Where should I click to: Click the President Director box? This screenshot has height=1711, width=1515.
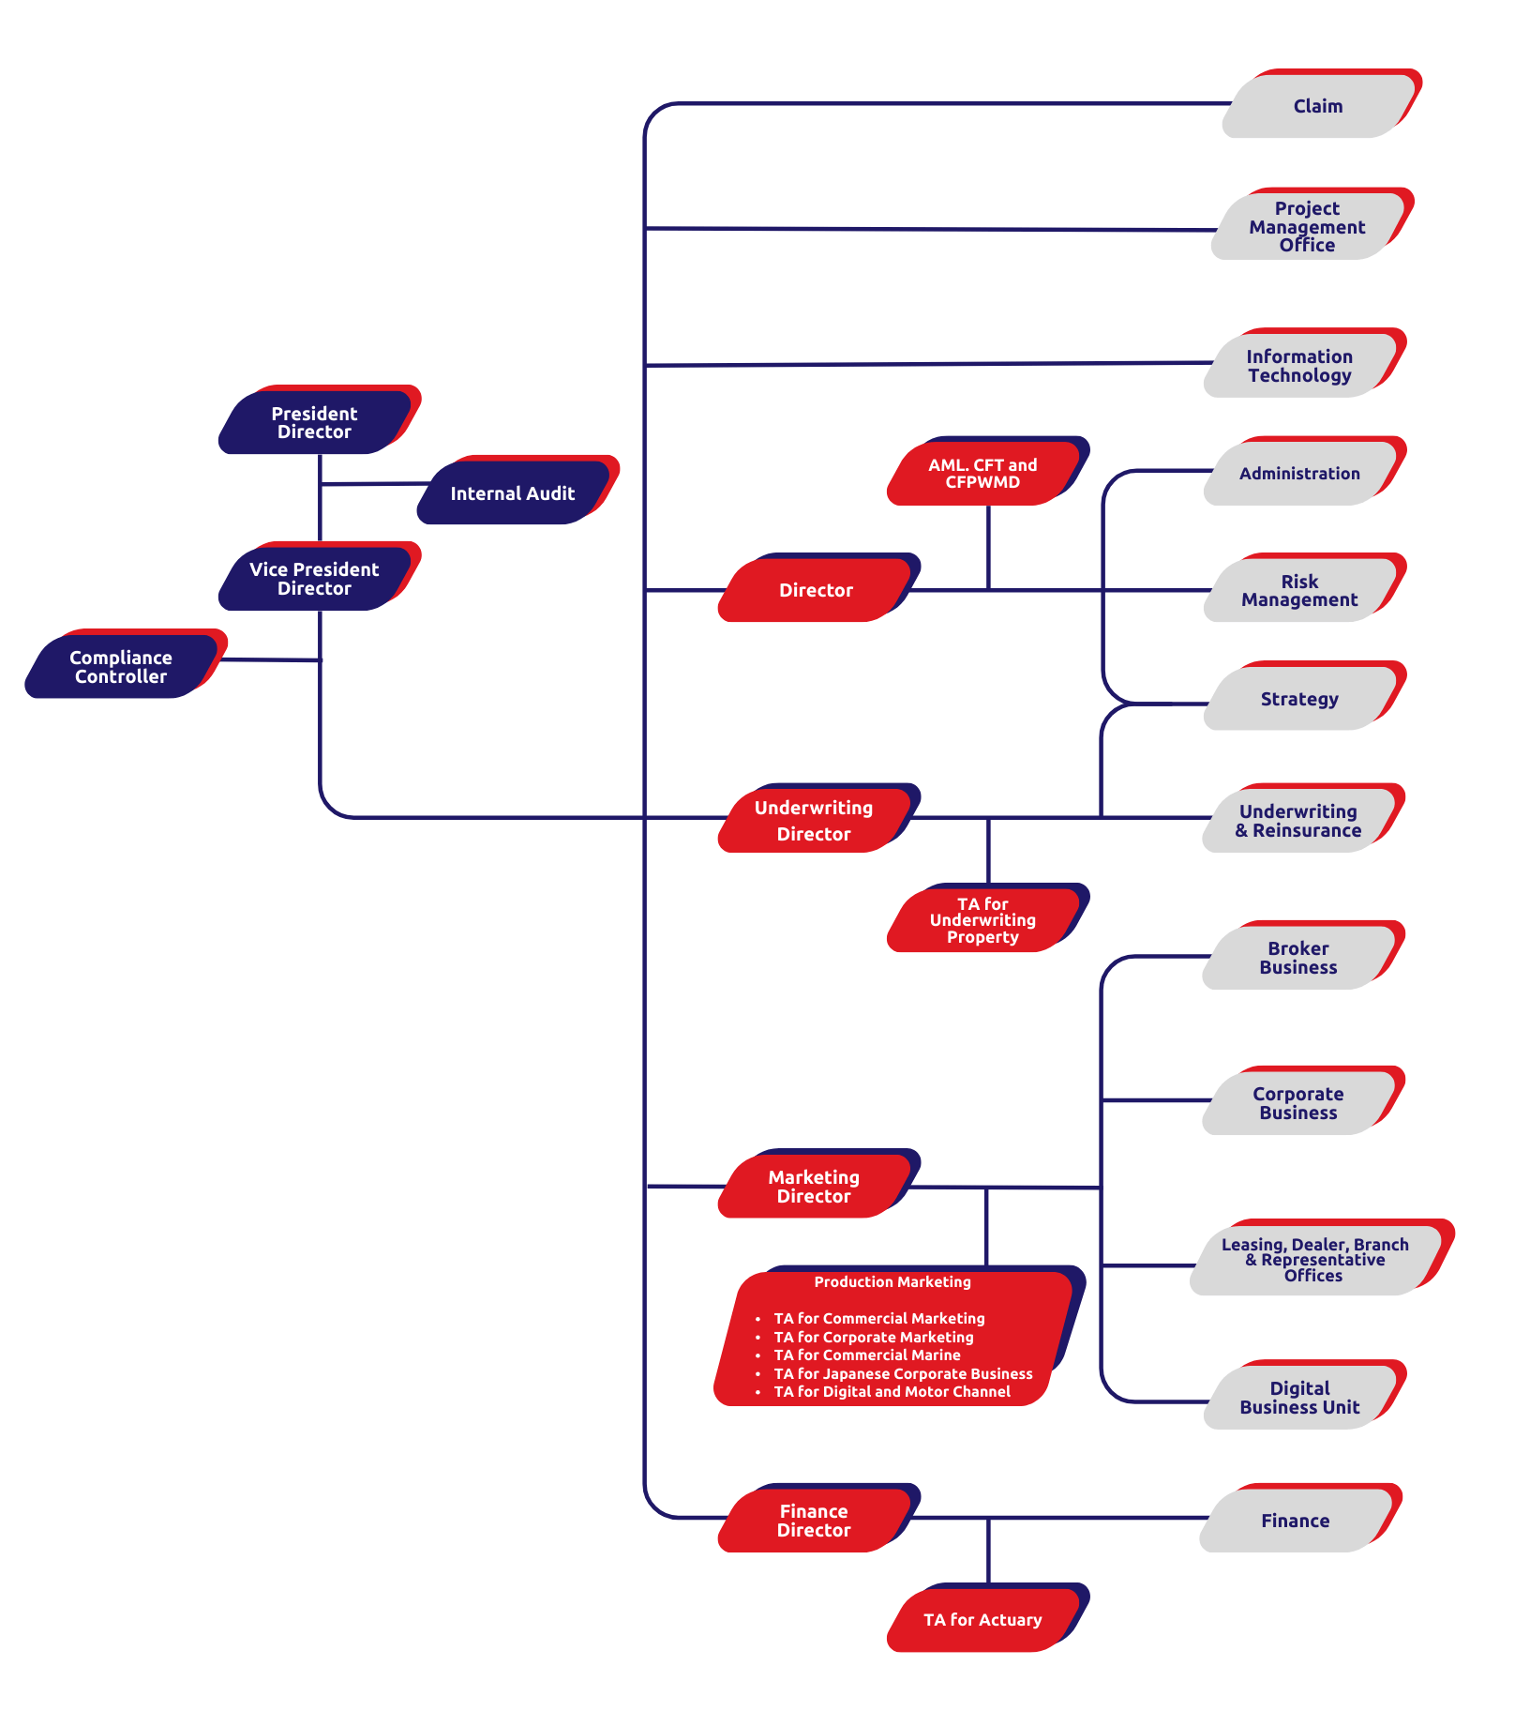[315, 423]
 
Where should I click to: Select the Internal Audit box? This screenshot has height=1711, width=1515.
[512, 493]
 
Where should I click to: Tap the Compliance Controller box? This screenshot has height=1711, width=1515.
[121, 667]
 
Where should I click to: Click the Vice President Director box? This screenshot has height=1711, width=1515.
[315, 579]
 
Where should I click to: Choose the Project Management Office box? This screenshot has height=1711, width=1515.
[1307, 227]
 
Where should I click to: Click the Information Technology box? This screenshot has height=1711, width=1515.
[1299, 366]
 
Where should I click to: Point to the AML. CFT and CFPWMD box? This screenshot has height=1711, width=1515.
[982, 474]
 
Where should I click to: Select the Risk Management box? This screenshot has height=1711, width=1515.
[1299, 591]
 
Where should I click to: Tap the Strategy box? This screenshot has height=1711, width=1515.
[1299, 699]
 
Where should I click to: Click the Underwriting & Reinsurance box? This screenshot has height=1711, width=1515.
[1298, 821]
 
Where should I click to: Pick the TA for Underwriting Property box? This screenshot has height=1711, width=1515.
[982, 920]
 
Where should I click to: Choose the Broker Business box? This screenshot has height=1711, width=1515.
[1298, 958]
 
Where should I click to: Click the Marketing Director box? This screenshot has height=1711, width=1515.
[814, 1187]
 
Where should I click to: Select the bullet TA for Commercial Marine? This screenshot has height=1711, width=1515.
[867, 1355]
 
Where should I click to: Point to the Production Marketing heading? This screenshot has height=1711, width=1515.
[892, 1282]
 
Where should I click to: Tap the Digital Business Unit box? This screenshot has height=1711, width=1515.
[1299, 1398]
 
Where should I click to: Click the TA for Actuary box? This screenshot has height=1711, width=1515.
[982, 1620]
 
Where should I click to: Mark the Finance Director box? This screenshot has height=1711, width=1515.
[814, 1521]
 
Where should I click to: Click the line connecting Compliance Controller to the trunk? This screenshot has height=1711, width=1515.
[272, 660]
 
